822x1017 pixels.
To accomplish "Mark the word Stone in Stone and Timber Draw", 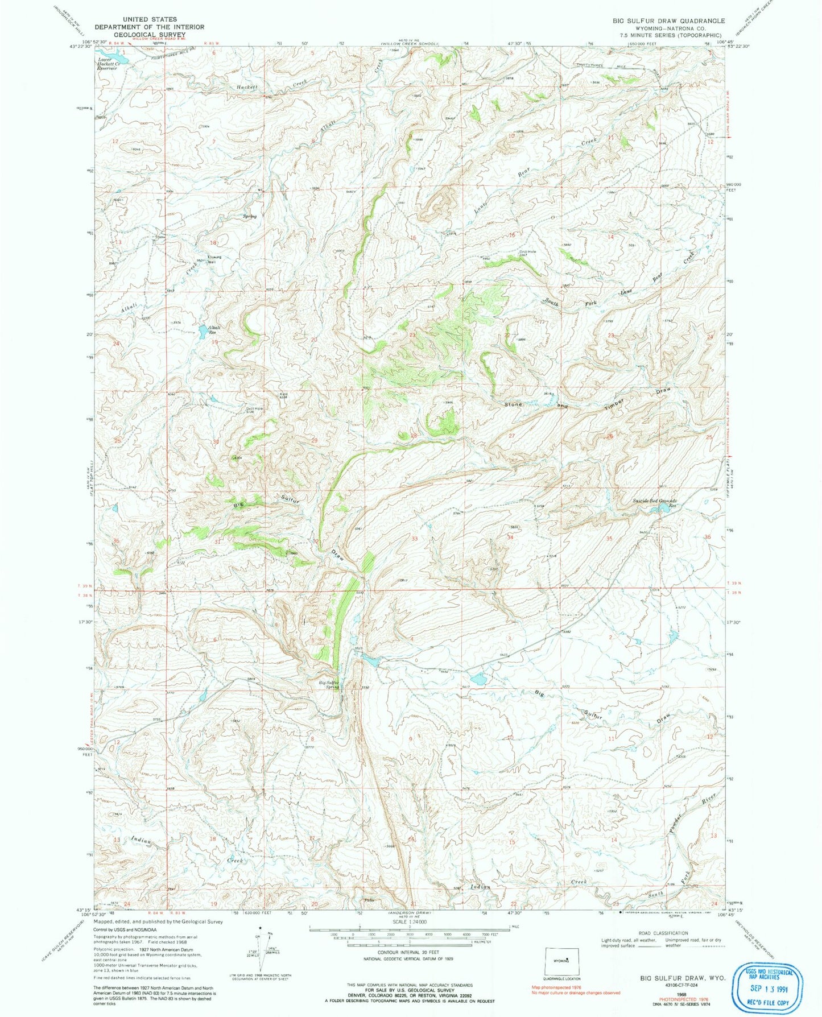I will (514, 404).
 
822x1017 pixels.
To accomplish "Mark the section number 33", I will (415, 538).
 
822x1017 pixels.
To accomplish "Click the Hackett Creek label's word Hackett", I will (247, 87).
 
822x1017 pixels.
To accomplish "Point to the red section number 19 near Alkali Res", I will (214, 342).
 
